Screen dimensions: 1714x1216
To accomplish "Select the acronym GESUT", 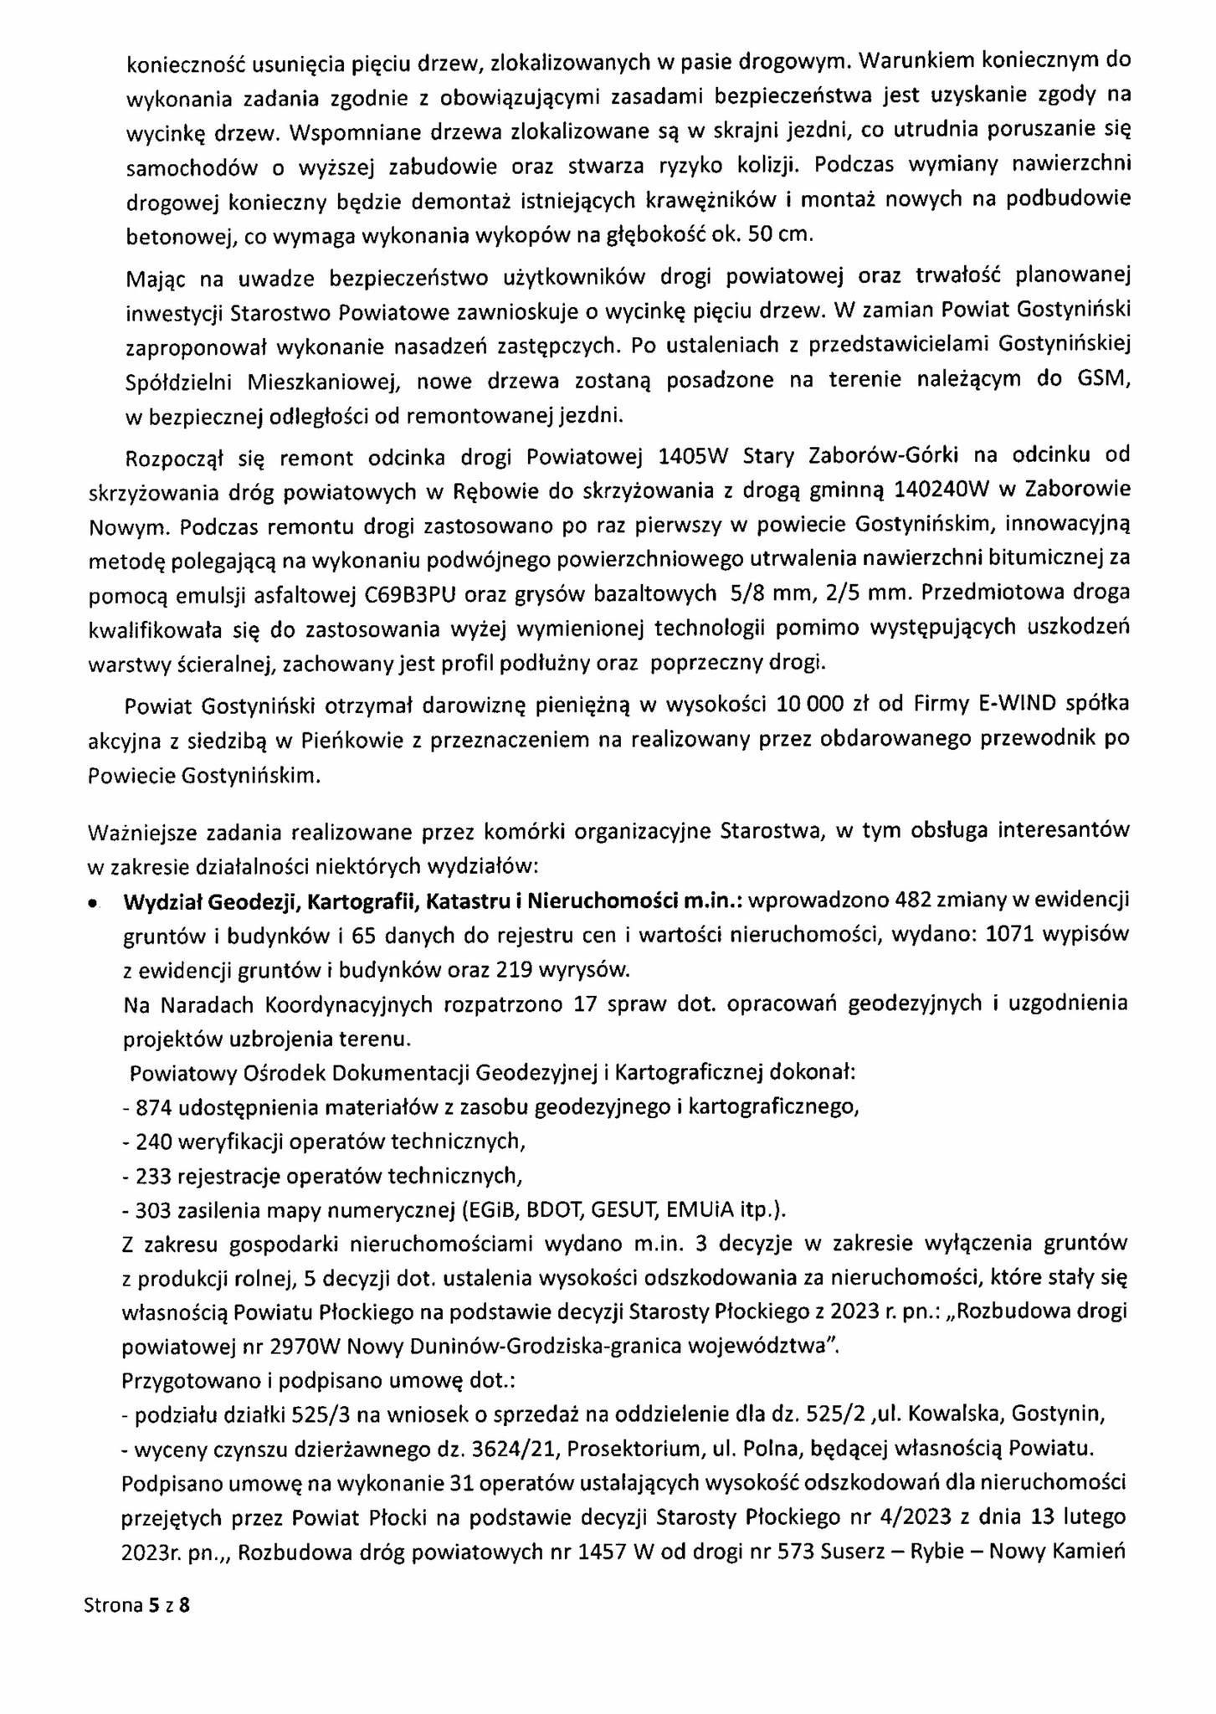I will click(x=650, y=1210).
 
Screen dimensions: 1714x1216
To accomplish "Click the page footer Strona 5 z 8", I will click(x=137, y=1605).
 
